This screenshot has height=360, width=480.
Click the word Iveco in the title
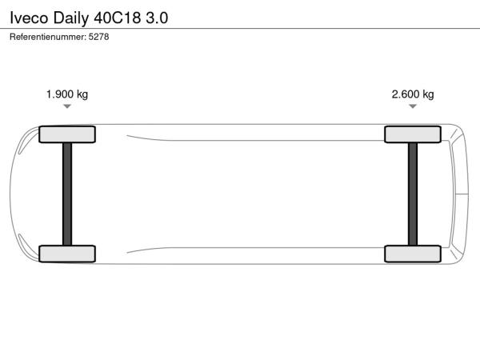tap(29, 18)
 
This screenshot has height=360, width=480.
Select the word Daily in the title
tap(71, 18)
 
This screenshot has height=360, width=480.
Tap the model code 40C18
tap(118, 18)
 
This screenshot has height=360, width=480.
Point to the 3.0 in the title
tap(157, 18)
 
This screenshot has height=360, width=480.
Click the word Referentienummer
tap(48, 37)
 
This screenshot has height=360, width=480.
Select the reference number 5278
tap(98, 37)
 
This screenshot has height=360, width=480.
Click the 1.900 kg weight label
tap(67, 94)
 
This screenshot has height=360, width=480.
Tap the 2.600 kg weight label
tap(413, 94)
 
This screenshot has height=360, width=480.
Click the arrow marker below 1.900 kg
tap(67, 106)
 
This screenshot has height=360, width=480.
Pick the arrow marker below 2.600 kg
tap(413, 106)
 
